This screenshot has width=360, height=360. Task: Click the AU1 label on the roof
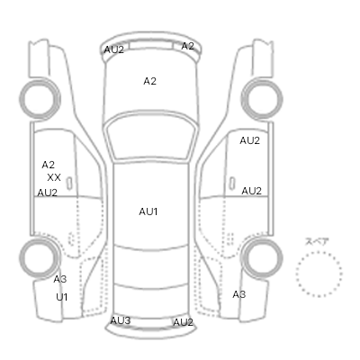point(148,211)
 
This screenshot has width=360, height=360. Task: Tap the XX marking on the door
point(54,177)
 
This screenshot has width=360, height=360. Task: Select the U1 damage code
point(62,297)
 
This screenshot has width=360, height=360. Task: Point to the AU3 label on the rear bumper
point(121,320)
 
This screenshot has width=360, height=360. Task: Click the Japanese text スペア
point(317,241)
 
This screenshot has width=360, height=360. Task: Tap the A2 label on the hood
point(149,81)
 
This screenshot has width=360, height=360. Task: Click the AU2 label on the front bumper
point(113,49)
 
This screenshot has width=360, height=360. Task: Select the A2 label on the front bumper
point(188,46)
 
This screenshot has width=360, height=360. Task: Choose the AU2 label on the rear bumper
point(183,322)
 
